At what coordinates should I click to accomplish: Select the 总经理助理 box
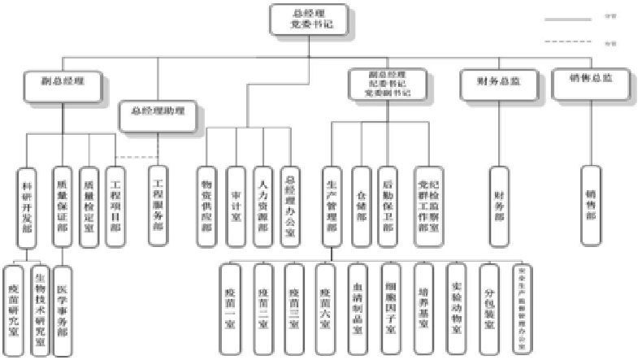(x=157, y=112)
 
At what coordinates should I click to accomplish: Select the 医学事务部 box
(x=62, y=310)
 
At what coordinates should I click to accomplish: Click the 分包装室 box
(x=488, y=310)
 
